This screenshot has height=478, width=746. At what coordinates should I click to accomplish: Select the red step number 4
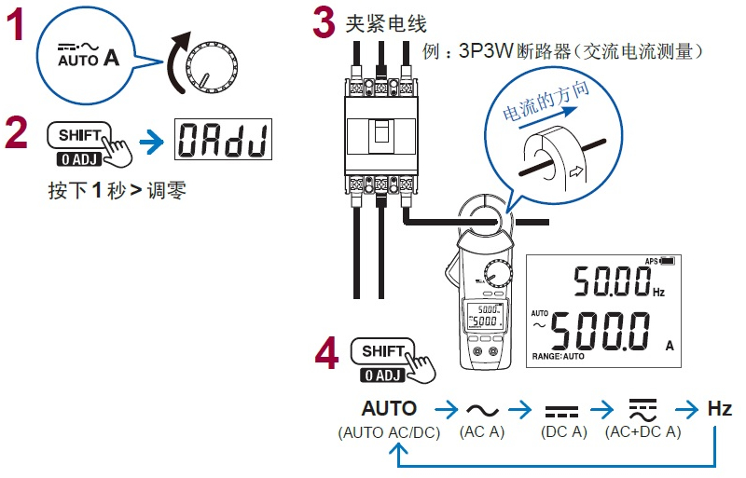pyautogui.click(x=326, y=357)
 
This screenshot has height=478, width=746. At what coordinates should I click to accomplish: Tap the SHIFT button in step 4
pyautogui.click(x=383, y=351)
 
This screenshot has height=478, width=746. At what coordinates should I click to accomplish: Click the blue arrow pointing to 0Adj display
pyautogui.click(x=150, y=142)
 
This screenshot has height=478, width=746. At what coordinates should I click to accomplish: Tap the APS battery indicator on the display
pyautogui.click(x=658, y=262)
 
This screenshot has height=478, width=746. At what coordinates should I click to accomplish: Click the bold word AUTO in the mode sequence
pyautogui.click(x=389, y=408)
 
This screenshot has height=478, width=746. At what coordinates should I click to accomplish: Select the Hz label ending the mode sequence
pyautogui.click(x=720, y=408)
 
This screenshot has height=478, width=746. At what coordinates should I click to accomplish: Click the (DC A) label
pyautogui.click(x=562, y=432)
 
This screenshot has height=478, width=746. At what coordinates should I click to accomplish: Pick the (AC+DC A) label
pyautogui.click(x=642, y=432)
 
